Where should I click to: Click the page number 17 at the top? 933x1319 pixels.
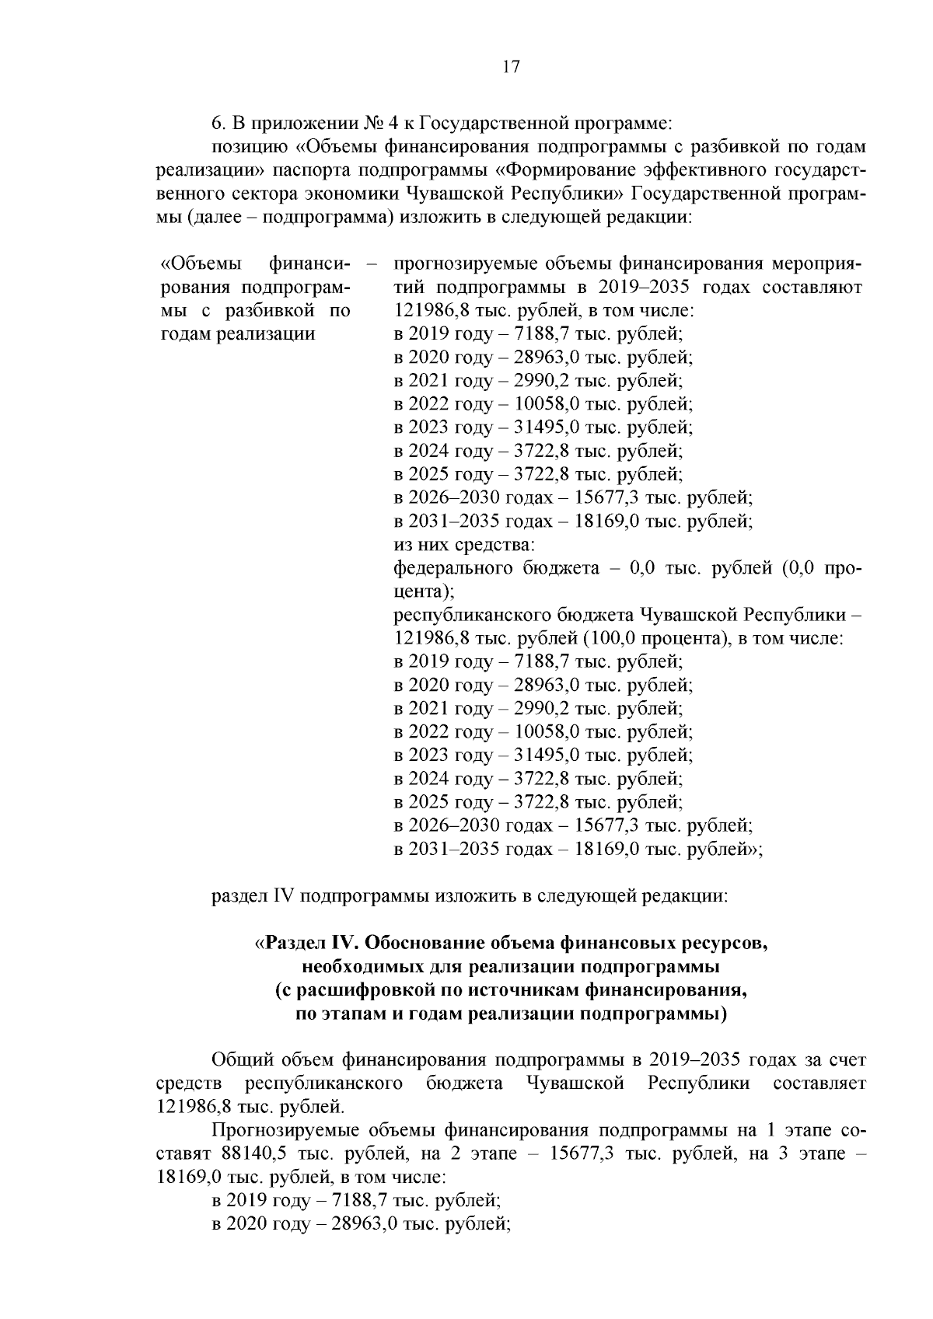click(510, 67)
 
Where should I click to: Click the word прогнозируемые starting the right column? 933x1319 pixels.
click(459, 264)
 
